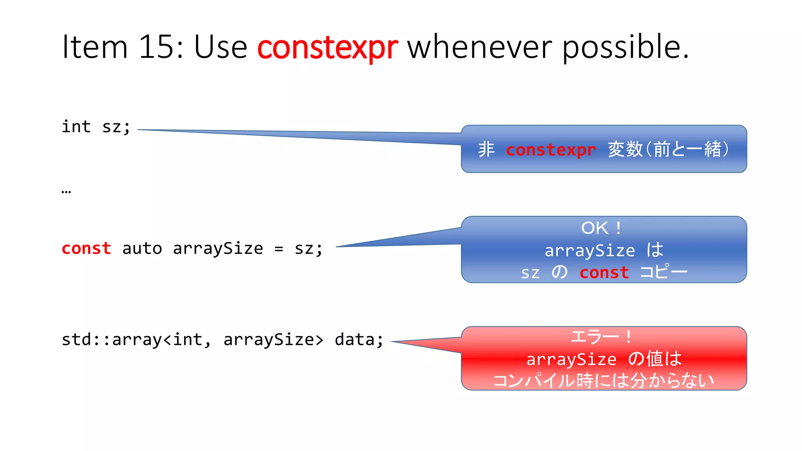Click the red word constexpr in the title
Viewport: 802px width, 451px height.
327,47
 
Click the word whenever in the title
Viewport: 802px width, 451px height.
480,47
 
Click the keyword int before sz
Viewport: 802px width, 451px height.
76,126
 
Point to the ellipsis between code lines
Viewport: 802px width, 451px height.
66,191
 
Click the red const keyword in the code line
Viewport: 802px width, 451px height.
87,249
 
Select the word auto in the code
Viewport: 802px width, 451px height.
142,249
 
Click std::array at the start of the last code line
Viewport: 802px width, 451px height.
111,339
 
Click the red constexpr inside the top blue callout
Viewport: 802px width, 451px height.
551,150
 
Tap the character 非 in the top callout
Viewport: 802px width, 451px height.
486,150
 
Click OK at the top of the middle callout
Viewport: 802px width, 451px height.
594,228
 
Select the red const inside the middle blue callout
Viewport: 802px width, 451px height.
604,272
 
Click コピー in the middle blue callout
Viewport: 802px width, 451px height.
663,272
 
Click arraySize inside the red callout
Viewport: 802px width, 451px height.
571,359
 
